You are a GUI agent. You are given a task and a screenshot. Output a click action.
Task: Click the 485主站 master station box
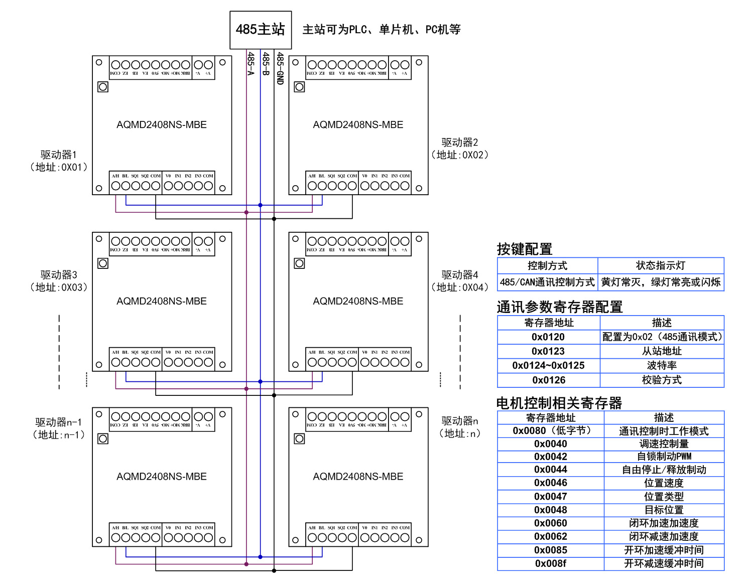click(x=261, y=30)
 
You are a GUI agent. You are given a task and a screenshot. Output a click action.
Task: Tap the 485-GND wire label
click(x=280, y=68)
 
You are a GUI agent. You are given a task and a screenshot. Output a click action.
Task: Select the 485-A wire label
click(x=250, y=64)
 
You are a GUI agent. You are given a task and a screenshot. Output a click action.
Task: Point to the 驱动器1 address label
click(x=59, y=161)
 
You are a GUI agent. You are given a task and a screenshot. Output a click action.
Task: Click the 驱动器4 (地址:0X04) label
click(x=460, y=281)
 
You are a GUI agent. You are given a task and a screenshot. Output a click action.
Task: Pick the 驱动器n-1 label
click(x=59, y=428)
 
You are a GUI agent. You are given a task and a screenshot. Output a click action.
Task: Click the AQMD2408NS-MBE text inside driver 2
click(x=358, y=124)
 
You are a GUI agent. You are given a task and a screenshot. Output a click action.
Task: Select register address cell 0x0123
click(x=548, y=351)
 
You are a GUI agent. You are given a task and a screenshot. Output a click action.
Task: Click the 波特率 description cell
click(x=662, y=365)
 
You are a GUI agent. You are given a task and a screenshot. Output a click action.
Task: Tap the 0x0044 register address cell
click(x=550, y=470)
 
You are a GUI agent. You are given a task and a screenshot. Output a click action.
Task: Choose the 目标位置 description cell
click(x=664, y=510)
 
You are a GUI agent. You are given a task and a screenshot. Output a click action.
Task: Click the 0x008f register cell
click(x=550, y=563)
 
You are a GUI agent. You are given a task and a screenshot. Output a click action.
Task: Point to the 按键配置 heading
click(x=525, y=249)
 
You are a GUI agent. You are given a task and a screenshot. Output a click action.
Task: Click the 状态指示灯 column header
click(x=660, y=265)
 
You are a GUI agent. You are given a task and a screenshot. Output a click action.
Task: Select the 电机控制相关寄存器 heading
click(x=559, y=403)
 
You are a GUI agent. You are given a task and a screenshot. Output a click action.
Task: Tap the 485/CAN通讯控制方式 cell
click(x=547, y=282)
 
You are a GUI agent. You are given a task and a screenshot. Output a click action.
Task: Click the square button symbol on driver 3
click(x=103, y=263)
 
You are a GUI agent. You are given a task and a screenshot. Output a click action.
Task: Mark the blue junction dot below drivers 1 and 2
click(x=260, y=205)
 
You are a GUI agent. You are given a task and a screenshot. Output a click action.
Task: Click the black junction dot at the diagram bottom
click(x=274, y=570)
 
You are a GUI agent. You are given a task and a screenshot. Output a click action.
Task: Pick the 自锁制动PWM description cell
click(x=664, y=457)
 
